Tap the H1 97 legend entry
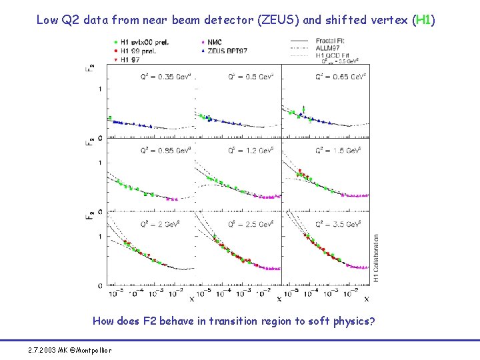[131, 59]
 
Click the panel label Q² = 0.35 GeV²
[165, 77]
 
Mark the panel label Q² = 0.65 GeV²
[340, 77]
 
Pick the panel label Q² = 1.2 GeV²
[251, 151]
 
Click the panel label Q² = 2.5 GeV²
[251, 224]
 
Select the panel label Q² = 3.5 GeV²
[340, 224]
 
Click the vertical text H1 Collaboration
[376, 257]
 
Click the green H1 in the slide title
[423, 20]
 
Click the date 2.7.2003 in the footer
[42, 350]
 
